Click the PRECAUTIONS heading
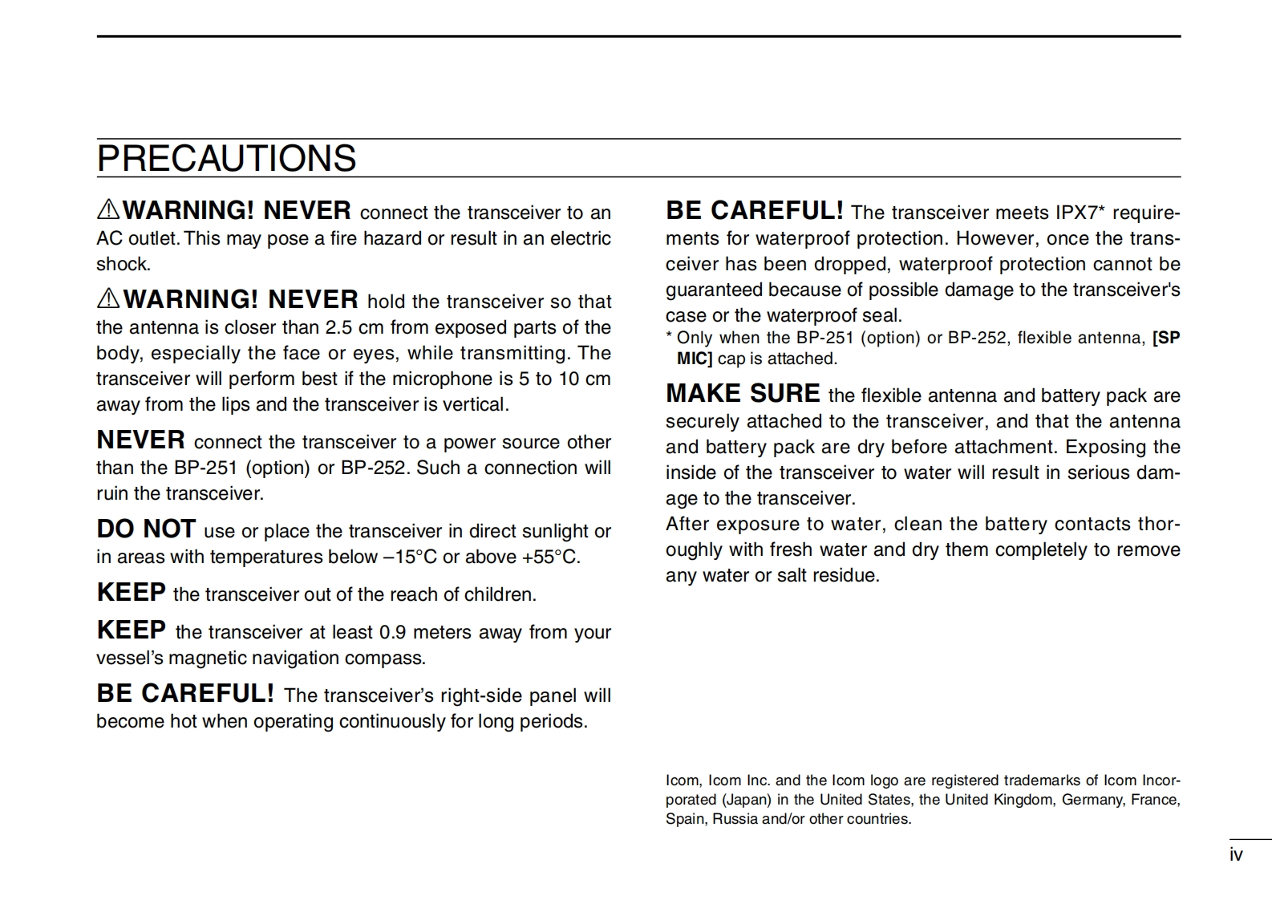(x=226, y=159)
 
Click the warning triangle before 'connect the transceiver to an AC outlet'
(x=108, y=209)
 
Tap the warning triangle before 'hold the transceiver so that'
(x=108, y=298)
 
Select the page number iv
(x=1236, y=855)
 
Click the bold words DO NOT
(x=146, y=529)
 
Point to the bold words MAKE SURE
(x=743, y=394)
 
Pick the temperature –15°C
(x=410, y=557)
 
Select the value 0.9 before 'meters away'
(x=392, y=633)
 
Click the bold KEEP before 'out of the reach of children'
(x=131, y=593)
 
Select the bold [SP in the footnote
(x=1166, y=339)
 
